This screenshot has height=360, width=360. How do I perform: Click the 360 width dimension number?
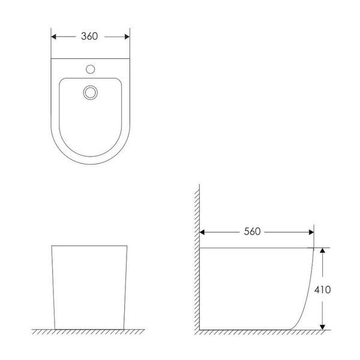89,36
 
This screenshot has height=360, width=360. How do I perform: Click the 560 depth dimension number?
252,232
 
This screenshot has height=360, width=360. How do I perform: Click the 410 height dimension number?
323,290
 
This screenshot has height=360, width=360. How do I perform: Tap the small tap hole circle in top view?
90,69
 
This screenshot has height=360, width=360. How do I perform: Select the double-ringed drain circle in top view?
90,92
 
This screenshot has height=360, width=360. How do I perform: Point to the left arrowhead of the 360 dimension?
53,37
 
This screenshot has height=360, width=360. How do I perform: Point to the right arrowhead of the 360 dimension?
127,37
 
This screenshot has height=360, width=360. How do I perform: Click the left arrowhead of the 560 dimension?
202,232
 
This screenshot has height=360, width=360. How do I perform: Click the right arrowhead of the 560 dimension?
311,232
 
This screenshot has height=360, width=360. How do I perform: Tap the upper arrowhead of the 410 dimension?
323,250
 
